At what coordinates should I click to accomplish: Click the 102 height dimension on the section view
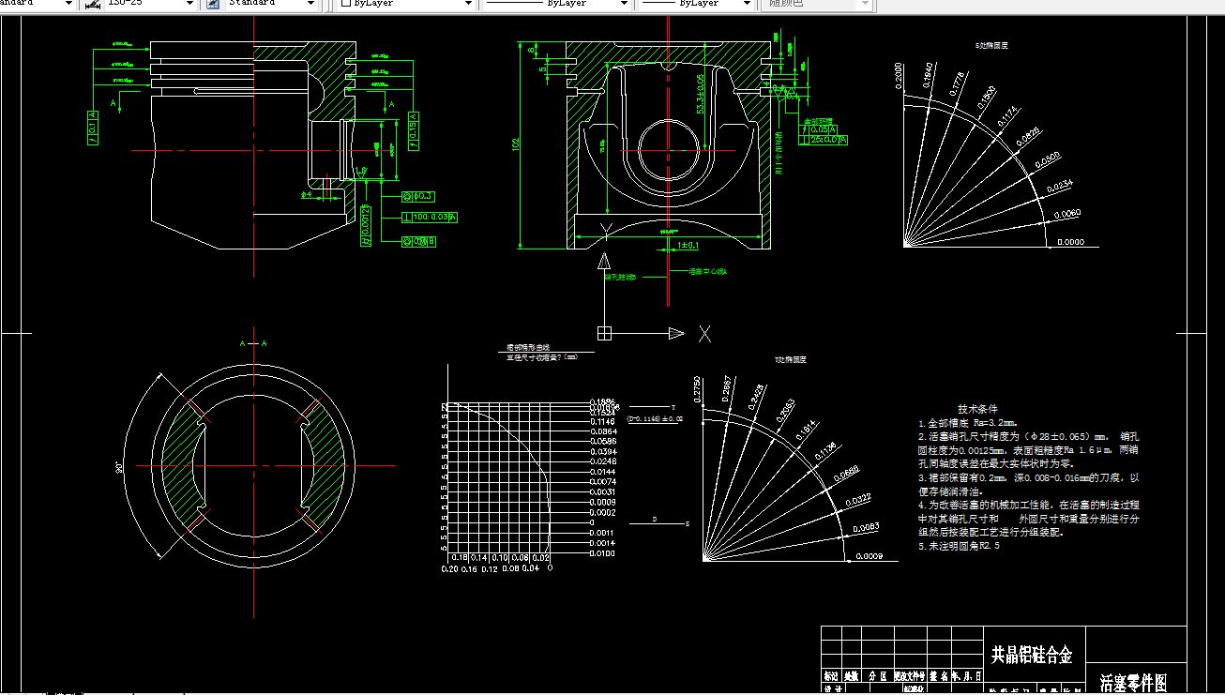pos(515,145)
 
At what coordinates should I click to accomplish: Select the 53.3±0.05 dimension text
pos(700,94)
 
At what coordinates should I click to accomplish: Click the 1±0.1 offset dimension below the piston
pos(688,246)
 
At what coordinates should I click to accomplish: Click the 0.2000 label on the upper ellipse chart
pos(899,76)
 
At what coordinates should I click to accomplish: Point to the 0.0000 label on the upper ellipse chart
pos(1070,242)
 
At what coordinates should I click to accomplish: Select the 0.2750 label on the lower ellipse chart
pos(695,389)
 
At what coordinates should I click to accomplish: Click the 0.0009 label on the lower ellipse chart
pos(870,557)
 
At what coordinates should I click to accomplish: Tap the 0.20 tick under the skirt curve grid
pos(449,568)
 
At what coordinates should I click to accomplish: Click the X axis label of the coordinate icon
pos(704,333)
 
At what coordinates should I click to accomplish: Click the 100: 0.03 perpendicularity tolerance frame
pos(429,218)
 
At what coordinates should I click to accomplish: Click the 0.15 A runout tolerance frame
pos(413,131)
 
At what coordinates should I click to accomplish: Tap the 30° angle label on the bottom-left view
pos(120,467)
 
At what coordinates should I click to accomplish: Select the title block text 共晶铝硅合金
pos(1032,656)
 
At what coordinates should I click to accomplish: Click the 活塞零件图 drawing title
pos(1133,682)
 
